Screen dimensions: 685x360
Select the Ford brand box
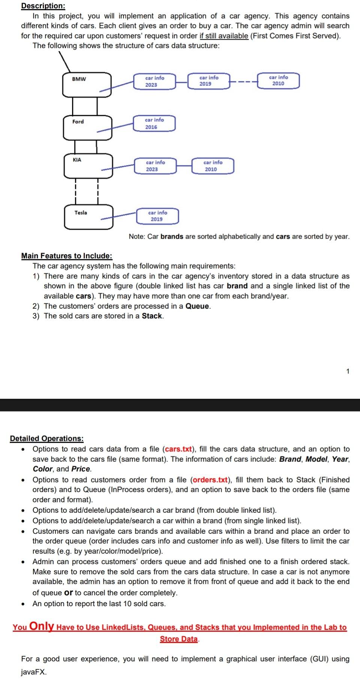[x=87, y=127]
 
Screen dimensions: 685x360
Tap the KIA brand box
[x=88, y=165]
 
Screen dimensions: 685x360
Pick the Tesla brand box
[x=88, y=216]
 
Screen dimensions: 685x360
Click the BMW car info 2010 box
[x=278, y=81]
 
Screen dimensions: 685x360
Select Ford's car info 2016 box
[x=154, y=123]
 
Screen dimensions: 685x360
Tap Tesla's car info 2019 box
[x=157, y=216]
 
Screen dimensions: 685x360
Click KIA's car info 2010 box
[x=213, y=166]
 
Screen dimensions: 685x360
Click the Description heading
[x=43, y=6]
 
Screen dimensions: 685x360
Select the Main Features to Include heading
[x=67, y=256]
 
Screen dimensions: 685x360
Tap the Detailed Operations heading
[x=46, y=439]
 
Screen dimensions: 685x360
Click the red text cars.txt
[x=178, y=449]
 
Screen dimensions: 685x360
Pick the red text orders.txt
[x=210, y=480]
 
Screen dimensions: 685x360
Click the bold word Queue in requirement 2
[x=198, y=306]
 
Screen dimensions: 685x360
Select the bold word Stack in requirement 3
[x=152, y=316]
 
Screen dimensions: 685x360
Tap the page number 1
[x=348, y=371]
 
